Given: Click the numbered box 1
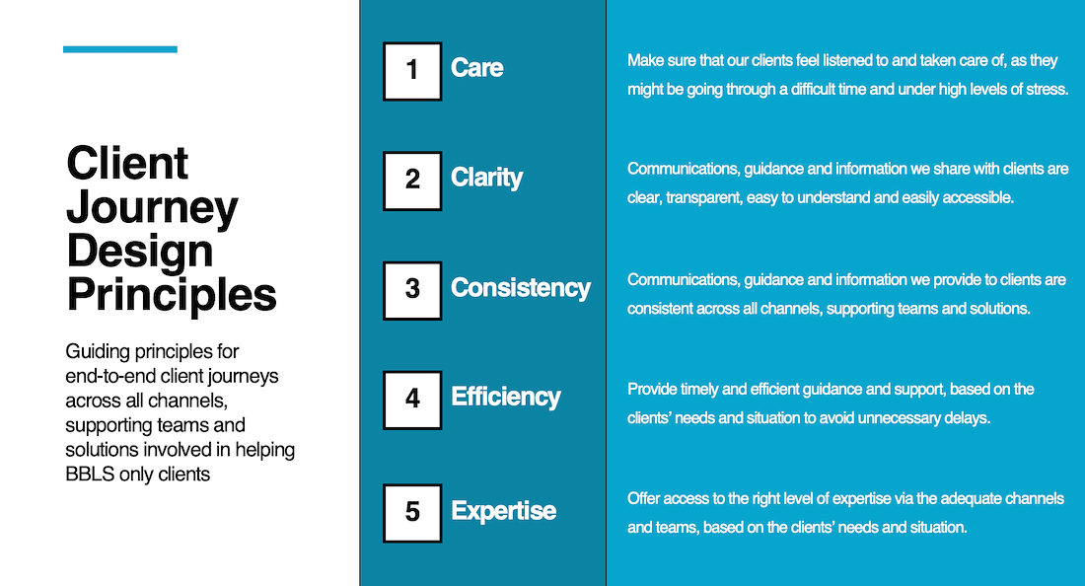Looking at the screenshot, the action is tap(412, 71).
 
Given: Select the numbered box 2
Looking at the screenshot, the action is tap(412, 181).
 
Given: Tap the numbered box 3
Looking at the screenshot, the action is tap(412, 291).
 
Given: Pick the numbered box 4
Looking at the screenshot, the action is tap(412, 400).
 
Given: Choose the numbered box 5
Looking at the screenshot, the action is tap(412, 513).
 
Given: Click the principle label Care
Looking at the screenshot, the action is tap(476, 68).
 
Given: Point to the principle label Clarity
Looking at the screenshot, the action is tap(486, 178).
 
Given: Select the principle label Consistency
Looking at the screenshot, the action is tap(521, 288).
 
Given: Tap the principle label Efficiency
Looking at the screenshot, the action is tap(505, 398).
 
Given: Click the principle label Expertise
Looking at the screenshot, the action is tap(503, 511).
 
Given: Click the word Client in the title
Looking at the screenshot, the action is tap(126, 164).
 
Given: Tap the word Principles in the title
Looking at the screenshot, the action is tap(172, 295).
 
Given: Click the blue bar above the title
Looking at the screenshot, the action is tap(120, 49).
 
